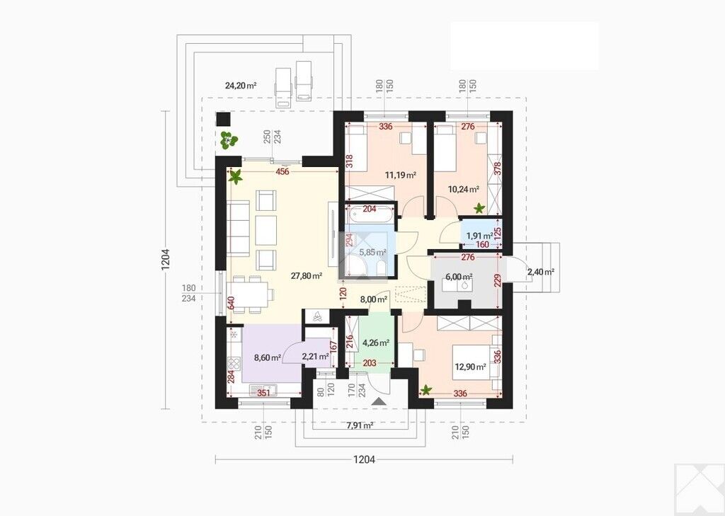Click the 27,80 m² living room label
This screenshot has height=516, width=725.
coord(306,276)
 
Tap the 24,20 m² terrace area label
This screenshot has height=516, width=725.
coord(241,85)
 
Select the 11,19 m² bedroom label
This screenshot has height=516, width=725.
coord(401,175)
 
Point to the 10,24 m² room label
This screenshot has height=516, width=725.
coord(463,189)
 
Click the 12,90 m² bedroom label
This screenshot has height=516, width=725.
coord(470,367)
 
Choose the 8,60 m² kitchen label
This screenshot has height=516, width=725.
coord(268,357)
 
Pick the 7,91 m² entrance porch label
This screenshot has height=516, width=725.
coord(360,425)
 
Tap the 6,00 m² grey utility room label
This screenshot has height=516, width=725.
coord(459,277)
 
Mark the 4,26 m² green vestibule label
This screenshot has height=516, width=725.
coord(375,343)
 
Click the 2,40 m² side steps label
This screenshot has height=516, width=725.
coord(540,272)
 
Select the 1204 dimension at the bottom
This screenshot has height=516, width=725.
coord(364,459)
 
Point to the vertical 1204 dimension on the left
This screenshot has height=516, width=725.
coord(166,259)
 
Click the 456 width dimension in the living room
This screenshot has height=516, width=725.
coord(282,172)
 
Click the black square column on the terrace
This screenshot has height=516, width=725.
coord(224,120)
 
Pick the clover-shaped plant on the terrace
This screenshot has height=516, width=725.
coord(229,140)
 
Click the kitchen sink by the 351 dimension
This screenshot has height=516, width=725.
coord(262,389)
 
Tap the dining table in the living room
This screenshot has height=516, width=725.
coord(250,294)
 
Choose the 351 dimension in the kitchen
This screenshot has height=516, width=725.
coord(263,394)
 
